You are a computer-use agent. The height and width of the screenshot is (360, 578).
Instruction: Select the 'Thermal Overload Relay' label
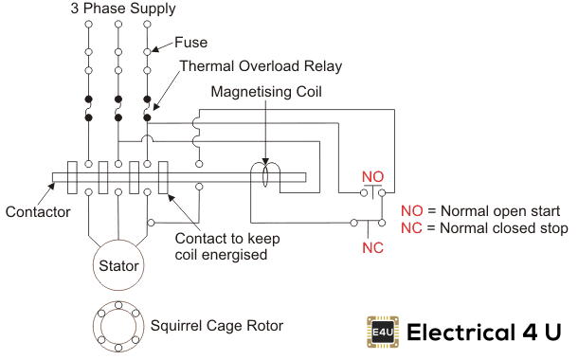pos(261,66)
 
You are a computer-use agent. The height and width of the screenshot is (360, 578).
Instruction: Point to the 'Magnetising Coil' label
pos(267,94)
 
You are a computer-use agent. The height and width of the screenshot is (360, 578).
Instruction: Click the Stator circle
pos(118,265)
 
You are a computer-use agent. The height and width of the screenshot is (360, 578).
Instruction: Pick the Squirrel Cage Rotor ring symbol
pos(118,325)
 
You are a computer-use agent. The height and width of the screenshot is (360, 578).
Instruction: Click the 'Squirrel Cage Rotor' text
pos(217,326)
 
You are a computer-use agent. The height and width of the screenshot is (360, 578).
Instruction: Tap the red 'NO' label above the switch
pos(373,177)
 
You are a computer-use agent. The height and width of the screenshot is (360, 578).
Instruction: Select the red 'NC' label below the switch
pos(372,248)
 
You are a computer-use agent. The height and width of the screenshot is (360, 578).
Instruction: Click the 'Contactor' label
pos(37,212)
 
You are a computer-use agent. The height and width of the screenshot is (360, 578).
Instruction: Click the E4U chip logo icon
pos(380,332)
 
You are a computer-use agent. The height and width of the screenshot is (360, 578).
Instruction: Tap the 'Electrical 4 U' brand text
pos(484,333)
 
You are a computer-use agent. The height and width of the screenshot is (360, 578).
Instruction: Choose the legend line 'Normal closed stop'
pos(483,229)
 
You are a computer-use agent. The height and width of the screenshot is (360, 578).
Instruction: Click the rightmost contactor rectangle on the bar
pos(162,176)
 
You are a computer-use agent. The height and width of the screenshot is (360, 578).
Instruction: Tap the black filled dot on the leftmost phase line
pos(88,99)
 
